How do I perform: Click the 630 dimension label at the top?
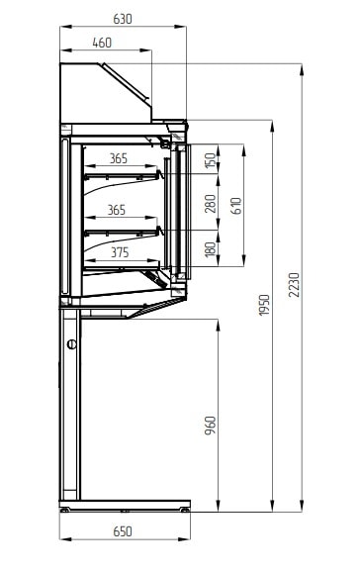pos(123,19)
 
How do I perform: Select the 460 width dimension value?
pos(102,43)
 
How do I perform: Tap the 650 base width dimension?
pos(123,531)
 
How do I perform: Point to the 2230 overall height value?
pos(294,285)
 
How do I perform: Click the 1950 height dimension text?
pos(264,305)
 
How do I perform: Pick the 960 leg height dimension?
pos(210,426)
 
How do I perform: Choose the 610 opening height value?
pos(236,206)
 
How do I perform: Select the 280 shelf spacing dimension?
pos(211,204)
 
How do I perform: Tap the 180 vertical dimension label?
pos(211,249)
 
